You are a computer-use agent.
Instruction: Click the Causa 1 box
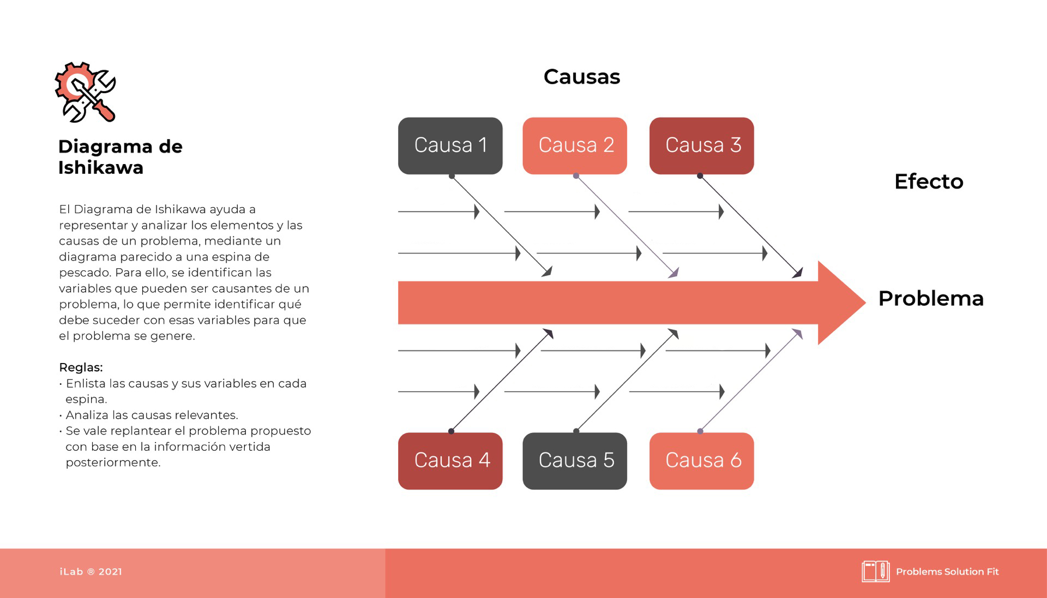[450, 146]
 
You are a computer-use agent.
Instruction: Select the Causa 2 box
[575, 146]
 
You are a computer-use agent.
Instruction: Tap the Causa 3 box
[702, 146]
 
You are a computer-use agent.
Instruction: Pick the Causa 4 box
[450, 461]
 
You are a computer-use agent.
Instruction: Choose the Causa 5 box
[575, 461]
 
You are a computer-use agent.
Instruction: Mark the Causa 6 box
[702, 461]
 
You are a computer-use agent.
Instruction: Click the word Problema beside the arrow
[931, 298]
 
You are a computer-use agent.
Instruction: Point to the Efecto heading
[929, 182]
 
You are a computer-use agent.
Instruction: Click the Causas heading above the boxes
[582, 77]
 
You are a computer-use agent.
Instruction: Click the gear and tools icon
[86, 92]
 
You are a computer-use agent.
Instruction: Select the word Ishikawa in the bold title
[101, 167]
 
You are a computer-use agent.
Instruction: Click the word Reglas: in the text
[81, 367]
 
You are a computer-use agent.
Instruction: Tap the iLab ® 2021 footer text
[91, 571]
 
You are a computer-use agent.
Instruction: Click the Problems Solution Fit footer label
[947, 571]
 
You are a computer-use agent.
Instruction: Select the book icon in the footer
[876, 571]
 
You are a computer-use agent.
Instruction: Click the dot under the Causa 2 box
[576, 176]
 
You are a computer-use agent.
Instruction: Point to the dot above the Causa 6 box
[700, 431]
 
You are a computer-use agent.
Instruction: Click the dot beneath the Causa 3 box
[700, 176]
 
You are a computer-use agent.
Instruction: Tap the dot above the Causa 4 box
[451, 431]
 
